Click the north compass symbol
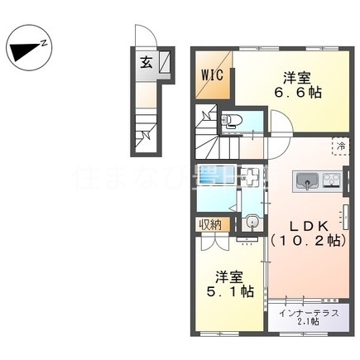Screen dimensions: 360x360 tap(30, 47)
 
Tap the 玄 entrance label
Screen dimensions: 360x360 tap(146, 62)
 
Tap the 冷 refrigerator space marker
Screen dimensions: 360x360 tap(340, 146)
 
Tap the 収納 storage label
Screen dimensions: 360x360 tap(209, 223)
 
